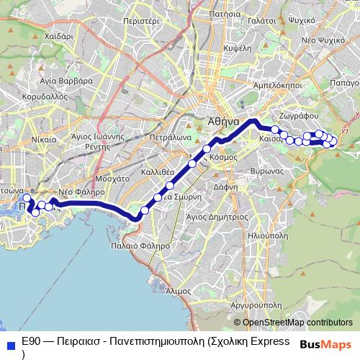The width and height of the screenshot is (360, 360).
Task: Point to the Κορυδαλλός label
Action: [45, 95]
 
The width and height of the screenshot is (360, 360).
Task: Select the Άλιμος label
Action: [178, 291]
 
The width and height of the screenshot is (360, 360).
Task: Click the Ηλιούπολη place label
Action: [268, 235]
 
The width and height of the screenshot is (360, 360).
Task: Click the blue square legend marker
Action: [9, 345]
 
